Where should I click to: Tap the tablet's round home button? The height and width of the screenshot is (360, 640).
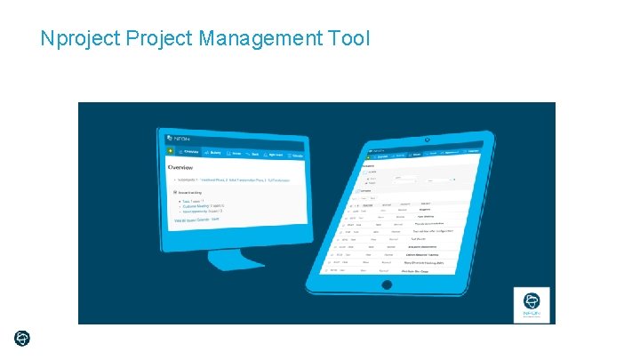tap(386, 285)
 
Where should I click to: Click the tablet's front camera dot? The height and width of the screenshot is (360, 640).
tap(427, 140)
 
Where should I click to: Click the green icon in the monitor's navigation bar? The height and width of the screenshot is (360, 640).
tap(170, 151)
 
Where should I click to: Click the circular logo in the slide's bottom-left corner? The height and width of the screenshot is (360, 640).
tap(22, 338)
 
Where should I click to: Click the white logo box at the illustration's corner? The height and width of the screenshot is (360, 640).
tap(532, 304)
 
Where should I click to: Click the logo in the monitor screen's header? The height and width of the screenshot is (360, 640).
tap(177, 139)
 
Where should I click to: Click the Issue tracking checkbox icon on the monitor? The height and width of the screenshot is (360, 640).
tap(174, 191)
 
